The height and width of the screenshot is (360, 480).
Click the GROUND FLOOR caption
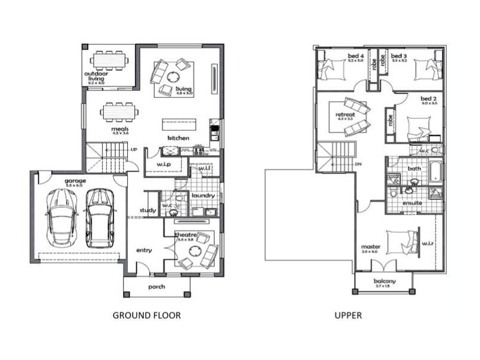pyautogui.click(x=146, y=314)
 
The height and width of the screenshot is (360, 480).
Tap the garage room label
pyautogui.click(x=76, y=181)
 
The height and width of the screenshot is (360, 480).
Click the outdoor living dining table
pyautogui.click(x=109, y=61)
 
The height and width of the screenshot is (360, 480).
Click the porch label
pyautogui.click(x=157, y=287)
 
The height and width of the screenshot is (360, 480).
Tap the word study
pyautogui.click(x=148, y=210)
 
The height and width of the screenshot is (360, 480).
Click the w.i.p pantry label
pyautogui.click(x=164, y=164)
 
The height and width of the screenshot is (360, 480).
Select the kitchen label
pyautogui.click(x=179, y=139)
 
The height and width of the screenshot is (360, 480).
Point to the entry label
pyautogui.click(x=144, y=250)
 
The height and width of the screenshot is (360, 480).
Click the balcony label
pyautogui.click(x=384, y=281)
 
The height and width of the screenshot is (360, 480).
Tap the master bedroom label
pyautogui.click(x=370, y=247)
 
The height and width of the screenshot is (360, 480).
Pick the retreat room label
pyautogui.click(x=346, y=114)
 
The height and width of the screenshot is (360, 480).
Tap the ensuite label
pyautogui.click(x=412, y=203)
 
